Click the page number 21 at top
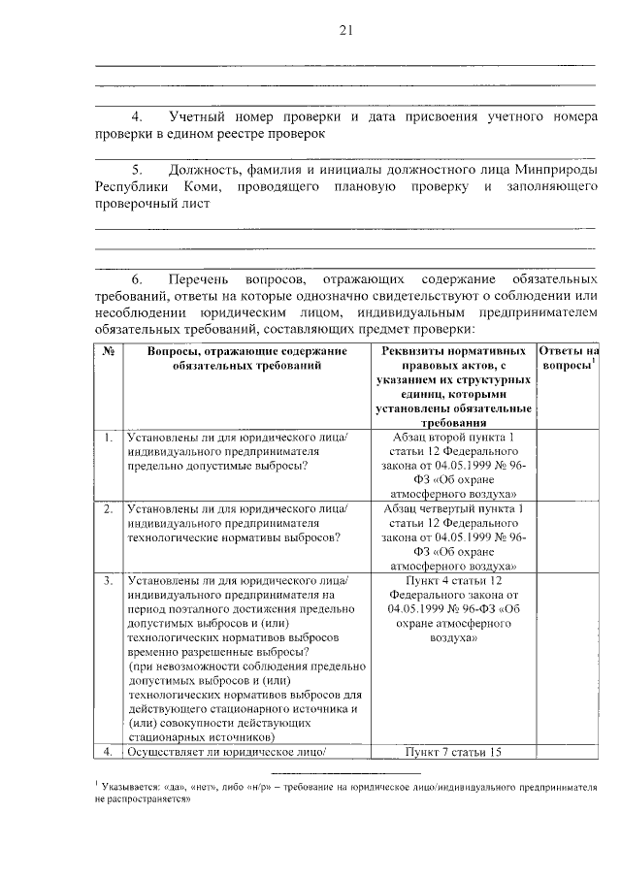(x=344, y=30)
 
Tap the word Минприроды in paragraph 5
(x=555, y=168)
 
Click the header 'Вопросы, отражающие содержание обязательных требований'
(x=245, y=358)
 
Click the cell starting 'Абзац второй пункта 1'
(x=452, y=466)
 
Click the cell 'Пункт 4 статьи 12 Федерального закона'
(x=452, y=609)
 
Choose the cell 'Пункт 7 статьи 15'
(x=452, y=751)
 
